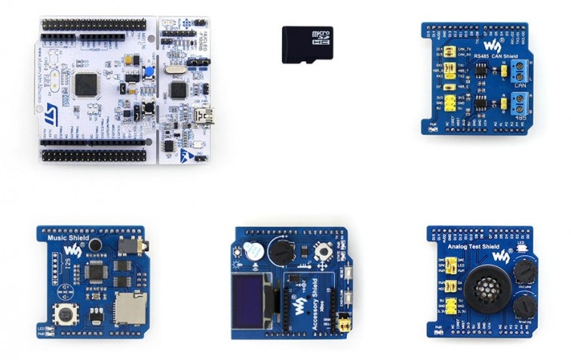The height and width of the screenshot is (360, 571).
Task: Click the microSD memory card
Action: tap(307, 44)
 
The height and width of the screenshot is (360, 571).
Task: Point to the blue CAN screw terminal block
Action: tap(520, 72)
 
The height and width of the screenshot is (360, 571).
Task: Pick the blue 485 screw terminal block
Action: tap(520, 103)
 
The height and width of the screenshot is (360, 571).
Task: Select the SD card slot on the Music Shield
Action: tap(129, 306)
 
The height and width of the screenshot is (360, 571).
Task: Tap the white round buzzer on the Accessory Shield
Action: tap(256, 254)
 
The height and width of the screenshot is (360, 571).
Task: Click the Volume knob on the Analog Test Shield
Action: tap(523, 269)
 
